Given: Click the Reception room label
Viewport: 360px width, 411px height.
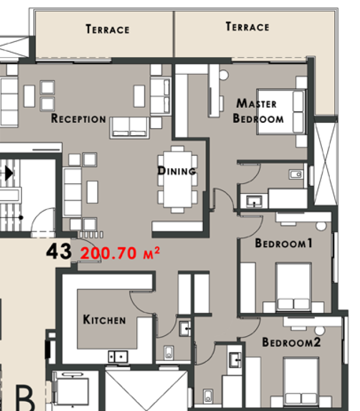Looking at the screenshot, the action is (x=78, y=118).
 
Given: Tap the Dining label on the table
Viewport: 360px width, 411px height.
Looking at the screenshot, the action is (x=177, y=171).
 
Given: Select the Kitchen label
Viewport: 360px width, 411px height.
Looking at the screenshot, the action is (x=104, y=319).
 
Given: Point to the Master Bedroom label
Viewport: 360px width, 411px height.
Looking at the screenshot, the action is (x=258, y=110).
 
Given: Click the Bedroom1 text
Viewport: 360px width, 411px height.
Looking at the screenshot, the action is (x=284, y=243).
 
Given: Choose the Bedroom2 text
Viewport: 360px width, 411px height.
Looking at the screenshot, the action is (x=291, y=342).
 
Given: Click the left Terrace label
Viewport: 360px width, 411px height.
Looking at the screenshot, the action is (x=108, y=29).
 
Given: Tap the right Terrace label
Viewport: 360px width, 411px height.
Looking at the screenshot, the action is (x=248, y=27).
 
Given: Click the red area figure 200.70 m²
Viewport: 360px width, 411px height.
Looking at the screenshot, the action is (x=120, y=253).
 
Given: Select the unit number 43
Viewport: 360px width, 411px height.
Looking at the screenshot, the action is (x=59, y=251).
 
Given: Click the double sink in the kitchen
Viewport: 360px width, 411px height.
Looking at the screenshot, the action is (x=118, y=357).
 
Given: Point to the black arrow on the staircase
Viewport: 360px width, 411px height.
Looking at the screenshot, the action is (x=9, y=173).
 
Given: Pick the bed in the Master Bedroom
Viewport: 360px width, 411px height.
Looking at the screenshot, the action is (x=281, y=112).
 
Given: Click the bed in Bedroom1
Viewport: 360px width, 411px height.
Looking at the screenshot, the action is (x=293, y=287).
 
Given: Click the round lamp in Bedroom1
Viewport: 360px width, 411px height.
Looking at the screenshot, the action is (x=321, y=226).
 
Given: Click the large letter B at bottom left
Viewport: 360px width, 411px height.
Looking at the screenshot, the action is (x=25, y=398).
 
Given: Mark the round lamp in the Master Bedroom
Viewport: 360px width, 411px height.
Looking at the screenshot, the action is (x=223, y=75).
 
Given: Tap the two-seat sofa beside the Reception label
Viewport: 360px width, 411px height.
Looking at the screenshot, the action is (x=129, y=127).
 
